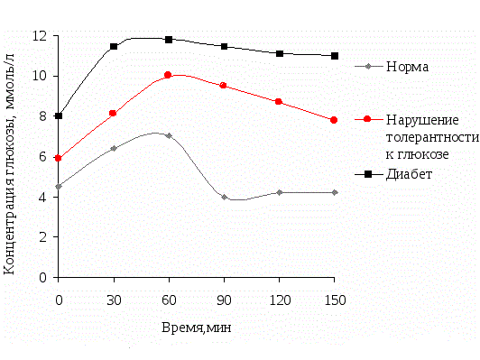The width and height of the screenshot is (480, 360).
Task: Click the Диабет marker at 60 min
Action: click(169, 40)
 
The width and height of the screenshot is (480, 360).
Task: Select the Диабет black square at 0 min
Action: click(59, 115)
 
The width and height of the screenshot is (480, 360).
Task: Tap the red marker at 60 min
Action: click(169, 75)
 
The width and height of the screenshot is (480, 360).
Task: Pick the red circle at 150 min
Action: click(334, 120)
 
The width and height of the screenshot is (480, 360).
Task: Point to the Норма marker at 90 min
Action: click(224, 197)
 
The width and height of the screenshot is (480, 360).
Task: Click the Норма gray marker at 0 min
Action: click(59, 187)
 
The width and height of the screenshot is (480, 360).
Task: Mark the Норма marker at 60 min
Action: click(169, 135)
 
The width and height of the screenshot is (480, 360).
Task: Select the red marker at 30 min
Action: click(114, 114)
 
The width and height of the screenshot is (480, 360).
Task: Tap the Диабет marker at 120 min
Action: click(279, 53)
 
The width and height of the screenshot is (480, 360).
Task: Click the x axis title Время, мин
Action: click(197, 328)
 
